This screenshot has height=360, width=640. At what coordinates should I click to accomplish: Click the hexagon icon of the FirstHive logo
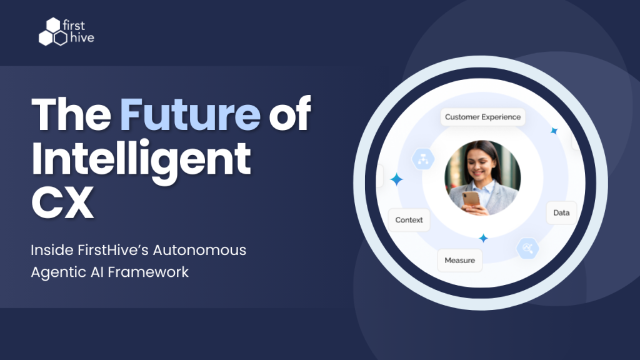pyautogui.click(x=52, y=33)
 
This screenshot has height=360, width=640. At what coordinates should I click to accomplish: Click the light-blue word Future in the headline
pyautogui.click(x=190, y=114)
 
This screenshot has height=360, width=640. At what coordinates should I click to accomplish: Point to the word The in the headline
pyautogui.click(x=71, y=114)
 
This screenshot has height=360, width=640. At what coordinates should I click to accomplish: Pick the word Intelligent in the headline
pyautogui.click(x=141, y=159)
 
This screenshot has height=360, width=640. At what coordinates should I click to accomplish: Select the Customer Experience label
pyautogui.click(x=482, y=117)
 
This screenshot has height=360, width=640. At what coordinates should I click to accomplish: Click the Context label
pyautogui.click(x=409, y=220)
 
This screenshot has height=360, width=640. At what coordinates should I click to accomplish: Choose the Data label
pyautogui.click(x=561, y=212)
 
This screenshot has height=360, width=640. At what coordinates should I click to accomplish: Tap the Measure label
pyautogui.click(x=459, y=260)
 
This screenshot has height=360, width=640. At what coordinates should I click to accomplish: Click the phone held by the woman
pyautogui.click(x=471, y=199)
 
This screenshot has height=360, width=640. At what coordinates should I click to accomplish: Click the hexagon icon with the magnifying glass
pyautogui.click(x=527, y=249)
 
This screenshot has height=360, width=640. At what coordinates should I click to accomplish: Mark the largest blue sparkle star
pyautogui.click(x=396, y=180)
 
